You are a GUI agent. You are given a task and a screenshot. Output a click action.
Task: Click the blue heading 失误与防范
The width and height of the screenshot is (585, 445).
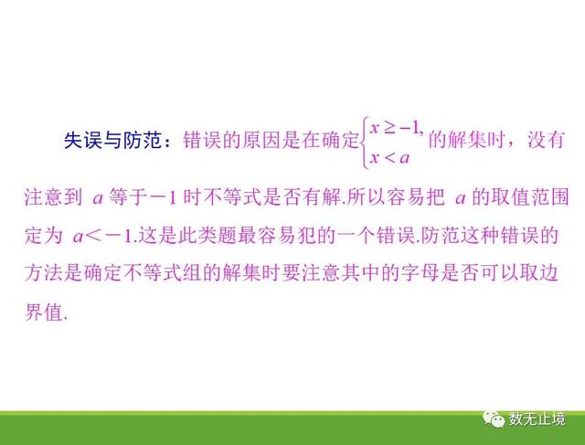(x=112, y=141)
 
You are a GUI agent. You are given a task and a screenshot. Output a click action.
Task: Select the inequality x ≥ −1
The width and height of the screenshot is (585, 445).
(x=397, y=129)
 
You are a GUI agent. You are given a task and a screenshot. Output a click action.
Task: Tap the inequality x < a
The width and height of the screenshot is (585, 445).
(x=389, y=158)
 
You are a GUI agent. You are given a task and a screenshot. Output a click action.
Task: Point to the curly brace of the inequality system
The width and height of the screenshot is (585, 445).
(x=365, y=143)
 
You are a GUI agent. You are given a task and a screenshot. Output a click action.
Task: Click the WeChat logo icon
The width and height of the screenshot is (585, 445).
(x=493, y=419)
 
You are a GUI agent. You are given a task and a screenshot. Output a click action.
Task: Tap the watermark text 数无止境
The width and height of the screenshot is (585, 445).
(x=537, y=419)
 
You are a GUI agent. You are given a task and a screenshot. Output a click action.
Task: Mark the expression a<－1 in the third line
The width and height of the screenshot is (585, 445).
(x=103, y=236)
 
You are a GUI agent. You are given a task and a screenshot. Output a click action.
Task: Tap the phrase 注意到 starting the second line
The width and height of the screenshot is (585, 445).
(x=53, y=197)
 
